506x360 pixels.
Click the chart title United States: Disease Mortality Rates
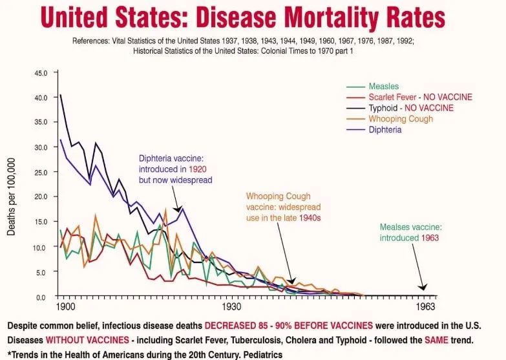(x=253, y=17)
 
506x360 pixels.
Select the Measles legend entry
(x=383, y=86)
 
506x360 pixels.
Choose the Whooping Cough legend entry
(x=401, y=119)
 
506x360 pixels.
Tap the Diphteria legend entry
(x=385, y=129)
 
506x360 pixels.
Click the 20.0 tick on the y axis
(x=41, y=196)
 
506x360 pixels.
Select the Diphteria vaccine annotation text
(x=175, y=169)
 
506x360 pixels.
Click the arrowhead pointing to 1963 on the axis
(x=424, y=288)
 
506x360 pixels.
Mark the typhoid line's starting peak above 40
(x=61, y=96)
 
